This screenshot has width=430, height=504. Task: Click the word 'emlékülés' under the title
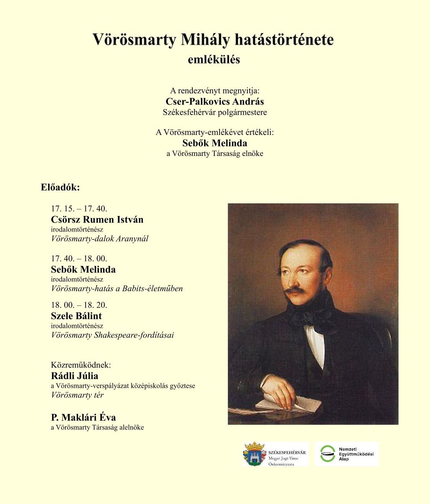tap(214, 59)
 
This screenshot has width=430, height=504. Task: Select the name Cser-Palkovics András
tap(214, 101)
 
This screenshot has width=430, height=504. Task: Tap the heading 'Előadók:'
tap(60, 187)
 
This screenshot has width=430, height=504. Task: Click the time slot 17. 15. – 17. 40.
tap(79, 209)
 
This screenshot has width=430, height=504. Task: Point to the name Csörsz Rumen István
tap(97, 220)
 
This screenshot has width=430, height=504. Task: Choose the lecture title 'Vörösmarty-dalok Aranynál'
tap(100, 239)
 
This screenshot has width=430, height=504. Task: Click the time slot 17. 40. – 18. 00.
tap(79, 259)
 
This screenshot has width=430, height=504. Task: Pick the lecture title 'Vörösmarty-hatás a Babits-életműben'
tap(117, 289)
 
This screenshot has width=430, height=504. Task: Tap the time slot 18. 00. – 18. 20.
tap(79, 305)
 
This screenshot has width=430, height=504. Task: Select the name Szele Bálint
tap(76, 316)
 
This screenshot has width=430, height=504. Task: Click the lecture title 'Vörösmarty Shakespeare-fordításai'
tap(112, 335)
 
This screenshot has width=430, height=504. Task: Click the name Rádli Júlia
tap(74, 376)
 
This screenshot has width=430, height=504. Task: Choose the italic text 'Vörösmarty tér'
tap(77, 395)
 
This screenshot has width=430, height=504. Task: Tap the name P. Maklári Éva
tap(83, 418)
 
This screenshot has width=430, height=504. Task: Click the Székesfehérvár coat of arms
tap(255, 454)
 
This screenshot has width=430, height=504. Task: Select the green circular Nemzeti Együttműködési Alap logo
tap(328, 454)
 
